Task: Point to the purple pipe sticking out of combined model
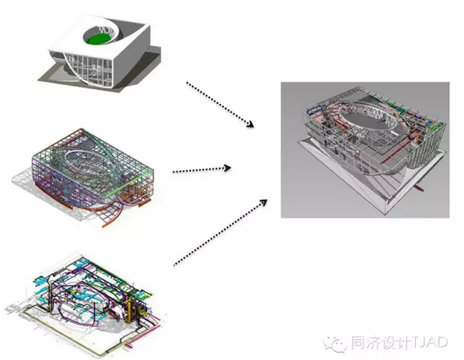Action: tap(420, 189)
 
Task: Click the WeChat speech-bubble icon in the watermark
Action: tap(337, 342)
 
